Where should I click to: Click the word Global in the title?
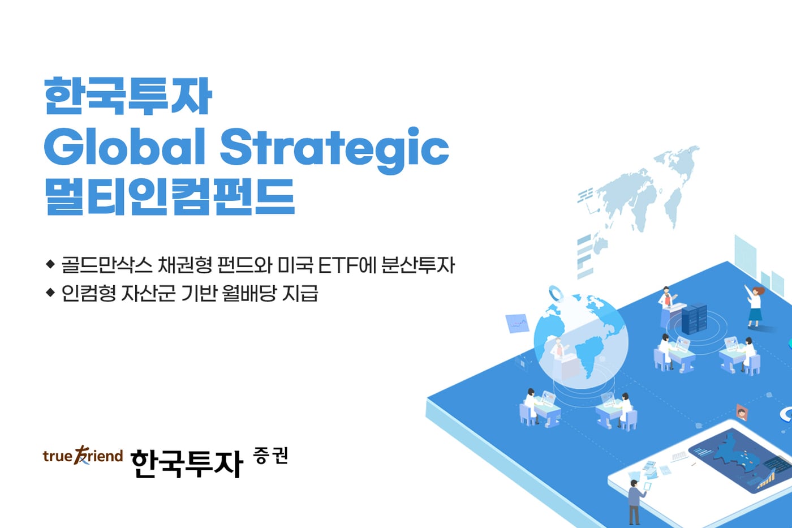124,147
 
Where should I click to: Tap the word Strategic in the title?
334,148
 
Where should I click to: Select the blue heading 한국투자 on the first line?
128,96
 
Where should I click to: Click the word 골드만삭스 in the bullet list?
107,265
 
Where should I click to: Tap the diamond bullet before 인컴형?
50,293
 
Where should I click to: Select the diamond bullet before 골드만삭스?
50,264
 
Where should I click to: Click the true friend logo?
83,456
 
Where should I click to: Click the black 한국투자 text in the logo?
187,463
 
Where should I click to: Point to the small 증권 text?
271,456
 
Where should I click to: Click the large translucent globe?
581,342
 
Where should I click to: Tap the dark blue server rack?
694,319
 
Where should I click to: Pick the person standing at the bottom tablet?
635,500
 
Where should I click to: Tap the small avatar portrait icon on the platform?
741,411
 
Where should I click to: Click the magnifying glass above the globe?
557,294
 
